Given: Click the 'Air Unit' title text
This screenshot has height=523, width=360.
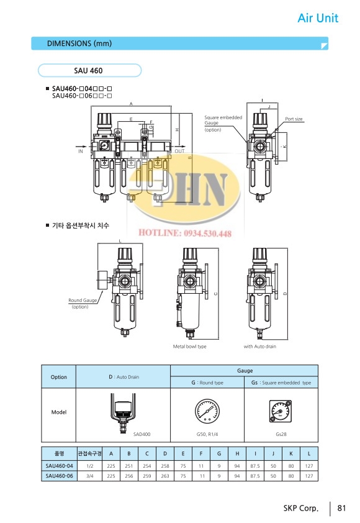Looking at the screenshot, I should point(318,18).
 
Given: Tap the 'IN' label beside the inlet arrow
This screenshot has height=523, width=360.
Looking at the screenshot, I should point(81,151).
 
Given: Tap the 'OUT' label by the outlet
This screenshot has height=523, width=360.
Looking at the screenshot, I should point(180,151).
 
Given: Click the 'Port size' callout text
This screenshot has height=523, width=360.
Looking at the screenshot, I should point(294,119).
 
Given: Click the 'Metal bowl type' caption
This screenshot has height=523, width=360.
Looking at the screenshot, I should point(189,347).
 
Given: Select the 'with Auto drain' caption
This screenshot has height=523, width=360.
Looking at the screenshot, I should point(259,347).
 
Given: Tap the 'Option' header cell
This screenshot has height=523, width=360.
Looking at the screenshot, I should point(59,377).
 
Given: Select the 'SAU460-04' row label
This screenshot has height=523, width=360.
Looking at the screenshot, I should point(60,465).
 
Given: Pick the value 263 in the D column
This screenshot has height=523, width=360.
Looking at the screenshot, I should point(164,475).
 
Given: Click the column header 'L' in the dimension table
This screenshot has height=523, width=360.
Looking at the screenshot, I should point(308,453).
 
